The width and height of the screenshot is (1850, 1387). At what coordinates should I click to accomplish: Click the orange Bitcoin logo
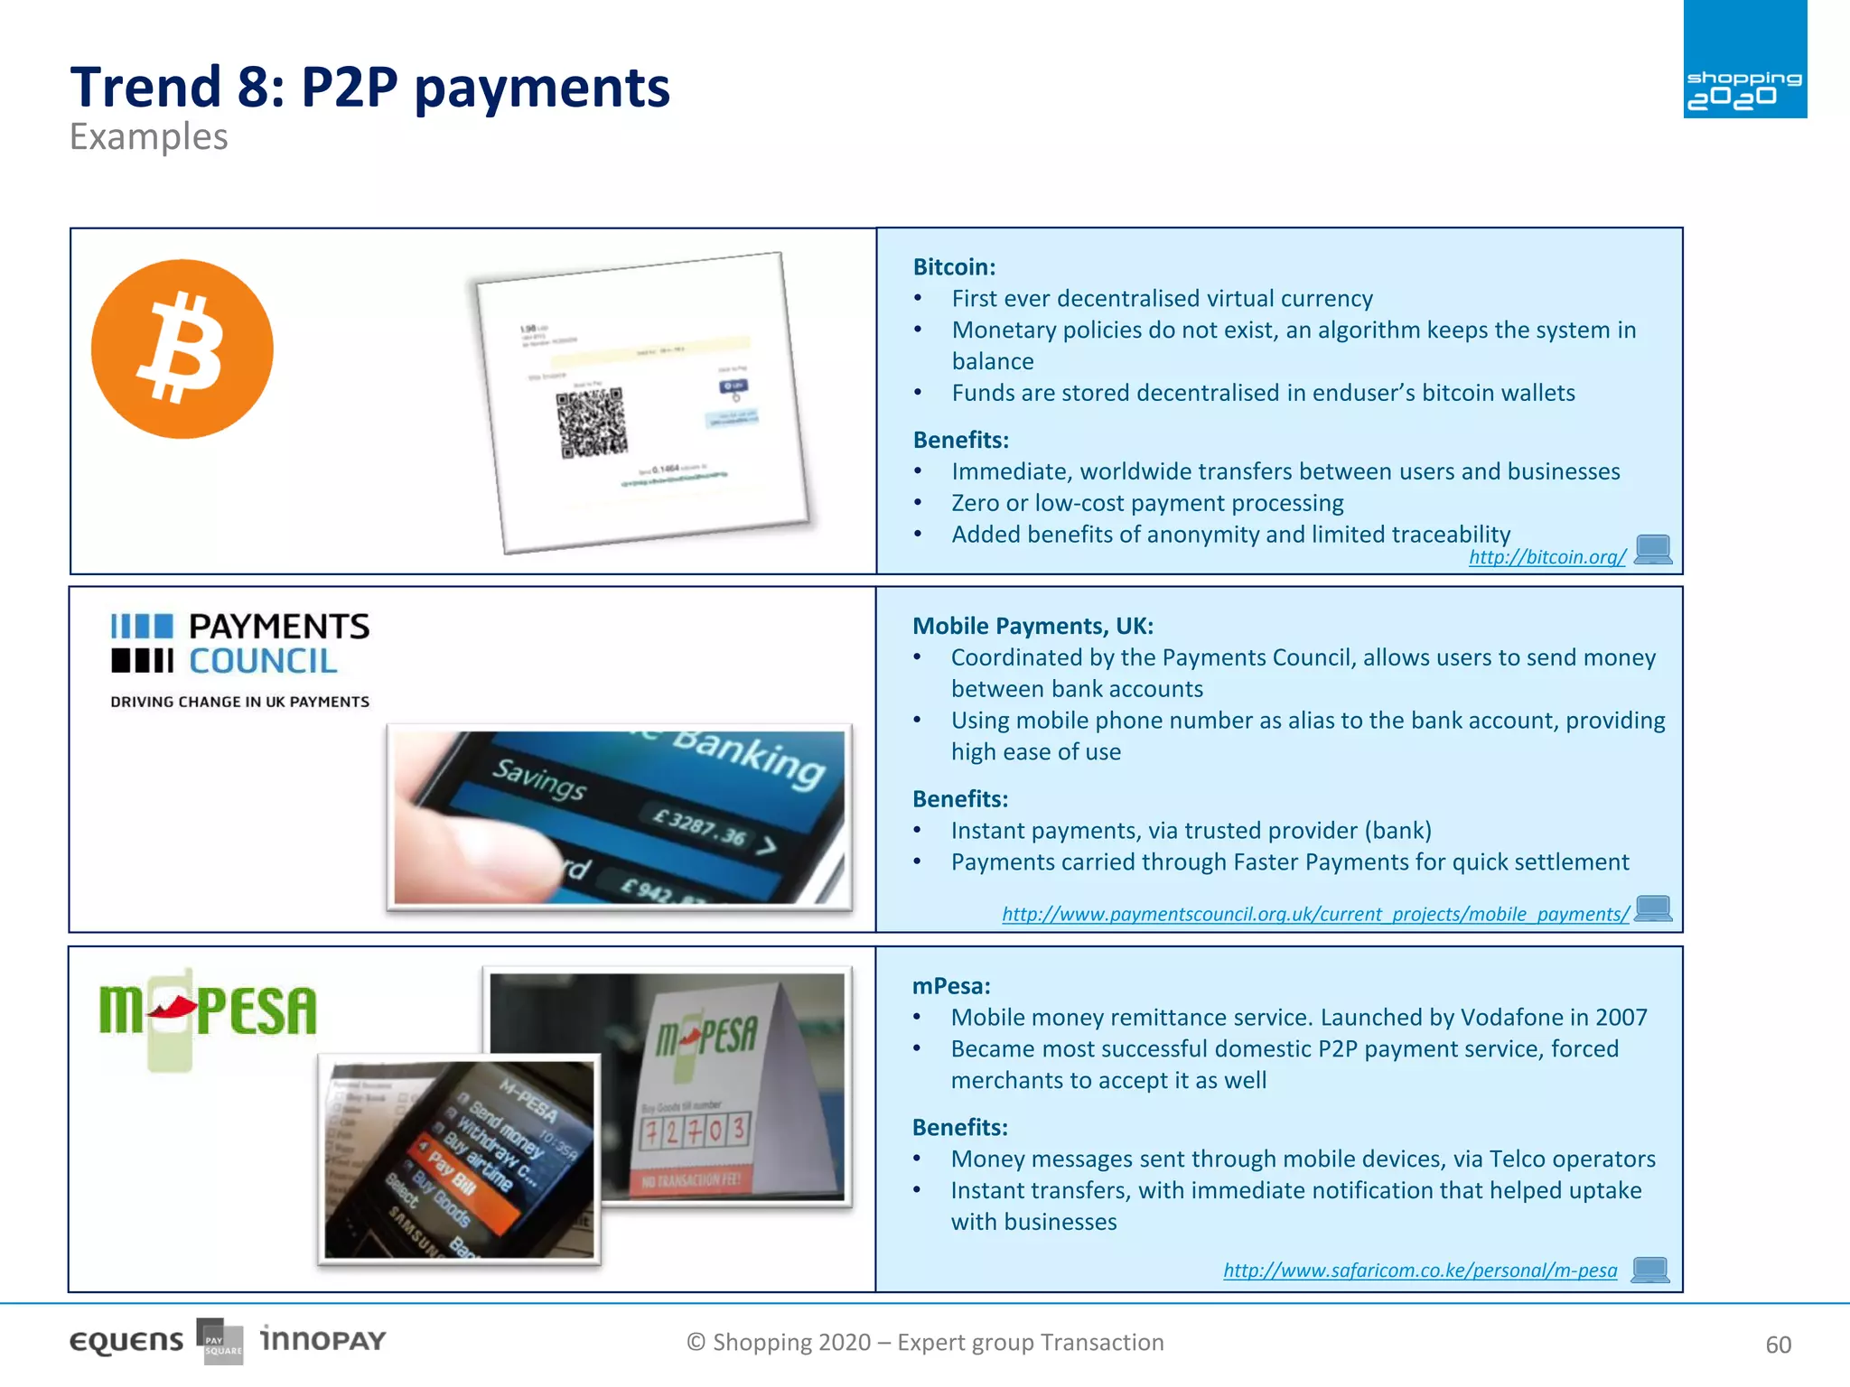click(x=182, y=349)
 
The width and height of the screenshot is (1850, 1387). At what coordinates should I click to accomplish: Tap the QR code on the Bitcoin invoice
click(x=592, y=423)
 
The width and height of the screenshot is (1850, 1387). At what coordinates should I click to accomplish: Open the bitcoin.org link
click(x=1546, y=557)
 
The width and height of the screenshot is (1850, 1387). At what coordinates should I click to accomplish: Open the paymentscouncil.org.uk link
click(x=1315, y=914)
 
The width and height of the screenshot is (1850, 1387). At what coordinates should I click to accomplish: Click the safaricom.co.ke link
click(x=1420, y=1271)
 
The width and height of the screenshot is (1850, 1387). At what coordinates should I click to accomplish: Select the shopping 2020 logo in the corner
click(x=1744, y=60)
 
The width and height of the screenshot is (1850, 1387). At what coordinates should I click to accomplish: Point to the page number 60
click(x=1778, y=1345)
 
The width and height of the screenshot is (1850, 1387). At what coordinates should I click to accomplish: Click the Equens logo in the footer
click(x=126, y=1342)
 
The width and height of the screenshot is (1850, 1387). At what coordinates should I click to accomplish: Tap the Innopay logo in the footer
click(x=323, y=1340)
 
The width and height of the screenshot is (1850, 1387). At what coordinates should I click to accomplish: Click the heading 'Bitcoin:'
click(x=954, y=267)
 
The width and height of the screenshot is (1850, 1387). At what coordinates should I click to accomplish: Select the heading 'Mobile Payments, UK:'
click(x=1032, y=626)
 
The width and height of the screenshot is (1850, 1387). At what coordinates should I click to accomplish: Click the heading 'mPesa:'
click(x=951, y=986)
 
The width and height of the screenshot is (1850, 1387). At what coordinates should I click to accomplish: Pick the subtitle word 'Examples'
click(x=149, y=137)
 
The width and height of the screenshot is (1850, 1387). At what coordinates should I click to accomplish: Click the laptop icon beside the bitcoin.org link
click(x=1653, y=550)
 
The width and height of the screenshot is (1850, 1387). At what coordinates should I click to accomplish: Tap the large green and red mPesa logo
click(x=208, y=1011)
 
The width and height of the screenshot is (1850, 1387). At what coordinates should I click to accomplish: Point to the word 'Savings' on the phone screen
click(x=539, y=780)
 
